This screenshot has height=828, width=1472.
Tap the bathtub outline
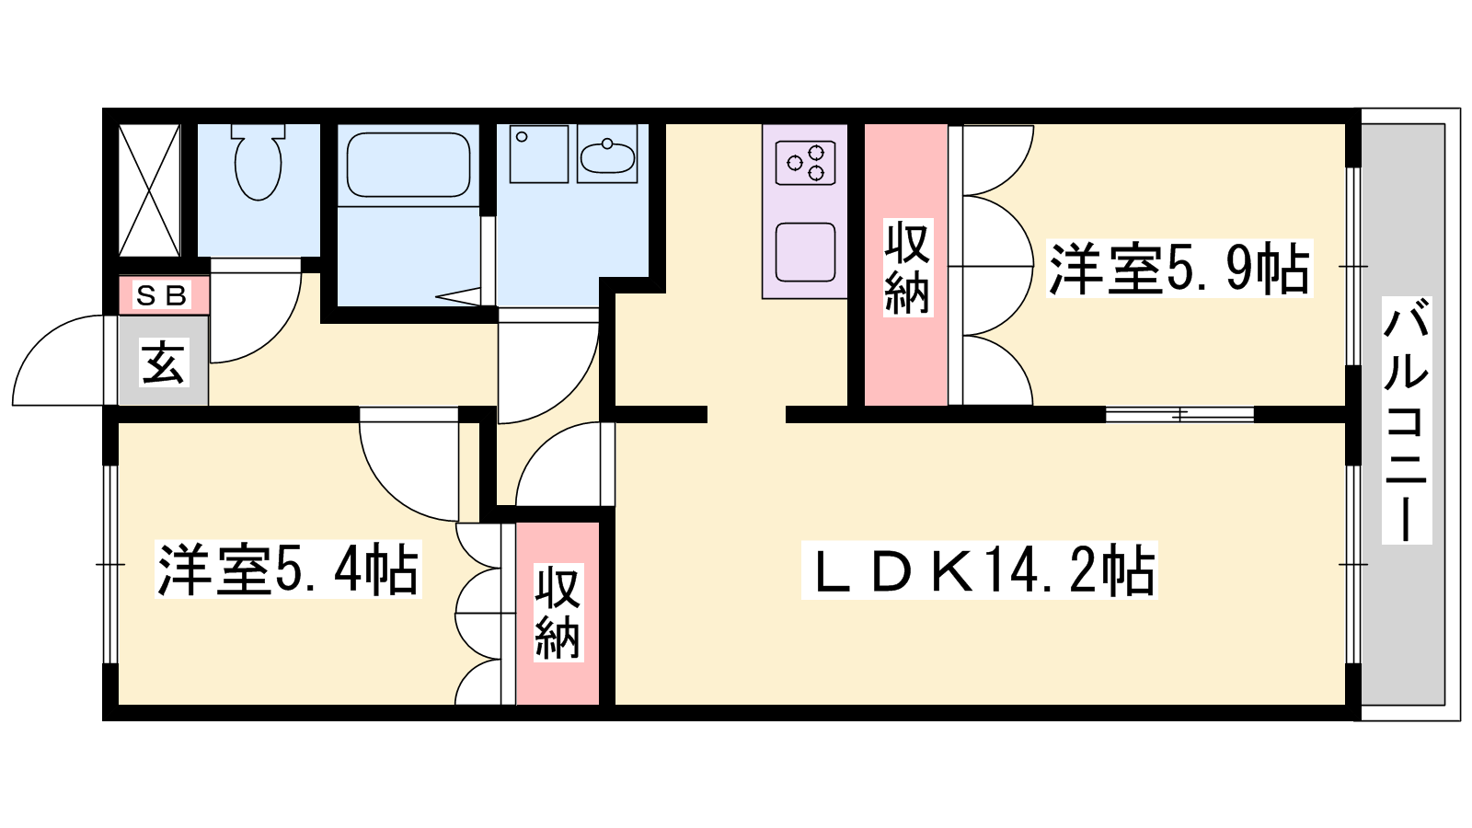pos(408,165)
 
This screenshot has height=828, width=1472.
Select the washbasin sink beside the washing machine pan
pos(607,154)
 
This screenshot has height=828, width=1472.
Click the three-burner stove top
pos(806,162)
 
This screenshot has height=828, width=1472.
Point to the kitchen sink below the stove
pos(806,252)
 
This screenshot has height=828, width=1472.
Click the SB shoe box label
pos(162,295)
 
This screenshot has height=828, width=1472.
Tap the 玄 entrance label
pos(163,362)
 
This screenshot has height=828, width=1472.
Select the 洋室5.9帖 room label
pos(1179,268)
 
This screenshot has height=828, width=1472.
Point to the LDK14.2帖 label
pos(979,570)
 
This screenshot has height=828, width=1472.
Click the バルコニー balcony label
pos(1407,420)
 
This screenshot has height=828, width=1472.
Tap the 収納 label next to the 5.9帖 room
pos(907,268)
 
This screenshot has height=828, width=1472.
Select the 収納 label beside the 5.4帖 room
pos(558,613)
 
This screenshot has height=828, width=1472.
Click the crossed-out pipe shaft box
pos(149,190)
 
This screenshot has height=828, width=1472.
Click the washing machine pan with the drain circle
pos(539,154)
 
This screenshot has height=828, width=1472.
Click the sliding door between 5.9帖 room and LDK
pos(1179,415)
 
